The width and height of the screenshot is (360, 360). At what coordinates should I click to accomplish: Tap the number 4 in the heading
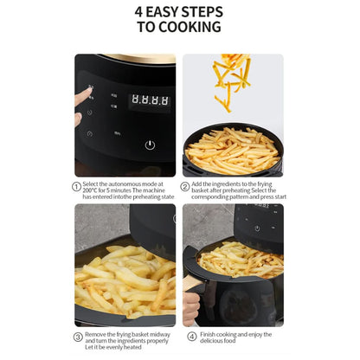tap(139, 12)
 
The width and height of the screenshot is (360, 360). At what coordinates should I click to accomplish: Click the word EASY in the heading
tap(166, 12)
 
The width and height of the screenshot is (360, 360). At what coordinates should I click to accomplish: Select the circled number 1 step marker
tap(77, 186)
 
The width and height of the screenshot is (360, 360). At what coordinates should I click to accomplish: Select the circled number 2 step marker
tap(185, 186)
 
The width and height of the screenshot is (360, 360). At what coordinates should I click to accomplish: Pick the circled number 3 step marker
tap(77, 337)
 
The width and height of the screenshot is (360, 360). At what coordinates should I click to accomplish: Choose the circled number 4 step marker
tap(192, 337)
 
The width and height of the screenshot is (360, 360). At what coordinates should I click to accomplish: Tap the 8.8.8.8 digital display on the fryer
tap(149, 101)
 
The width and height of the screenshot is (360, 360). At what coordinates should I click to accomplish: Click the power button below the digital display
tap(150, 145)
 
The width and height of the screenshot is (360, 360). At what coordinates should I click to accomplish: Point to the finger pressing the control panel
tap(83, 96)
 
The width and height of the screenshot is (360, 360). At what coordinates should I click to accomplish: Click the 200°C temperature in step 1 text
tap(93, 190)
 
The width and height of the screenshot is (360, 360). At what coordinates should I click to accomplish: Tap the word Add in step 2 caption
tap(199, 184)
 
